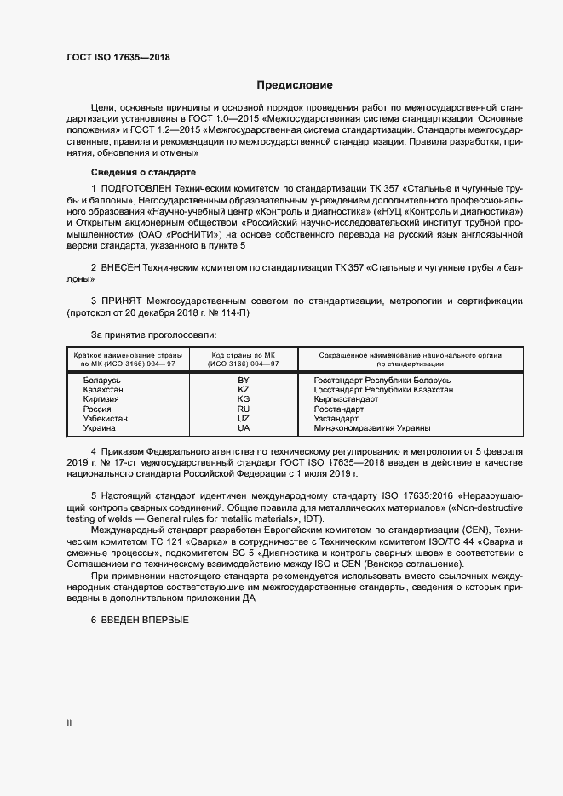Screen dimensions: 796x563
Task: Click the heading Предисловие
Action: point(295,85)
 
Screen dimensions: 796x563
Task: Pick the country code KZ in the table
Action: point(243,389)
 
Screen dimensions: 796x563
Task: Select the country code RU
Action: point(243,409)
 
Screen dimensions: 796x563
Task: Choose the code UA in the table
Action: point(243,427)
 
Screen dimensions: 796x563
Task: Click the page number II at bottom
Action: point(69,724)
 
